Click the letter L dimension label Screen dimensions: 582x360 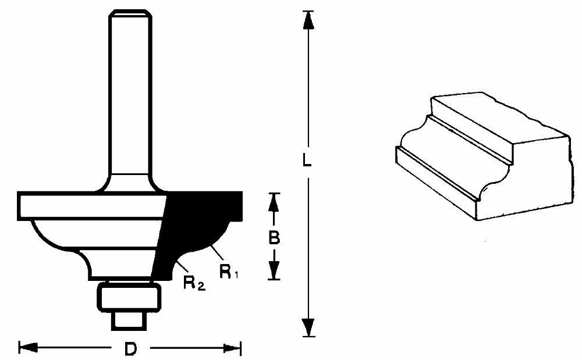pos(307,160)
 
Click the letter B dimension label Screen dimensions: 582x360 pos(274,238)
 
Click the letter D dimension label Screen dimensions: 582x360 pos(130,349)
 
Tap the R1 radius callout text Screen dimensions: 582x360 pos(229,272)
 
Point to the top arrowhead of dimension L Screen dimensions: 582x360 pos(308,20)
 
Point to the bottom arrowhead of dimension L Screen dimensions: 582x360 pos(308,327)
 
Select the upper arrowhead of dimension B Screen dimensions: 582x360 pos(274,203)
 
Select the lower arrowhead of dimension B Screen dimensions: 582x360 pos(274,269)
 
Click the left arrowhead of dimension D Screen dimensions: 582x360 pos(28,348)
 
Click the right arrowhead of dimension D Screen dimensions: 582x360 pos(232,348)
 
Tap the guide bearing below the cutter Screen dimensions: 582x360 pos(130,296)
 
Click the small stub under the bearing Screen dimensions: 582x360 pos(129,320)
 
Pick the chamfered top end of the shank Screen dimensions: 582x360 pos(130,13)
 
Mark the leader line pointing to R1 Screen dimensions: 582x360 pos(217,253)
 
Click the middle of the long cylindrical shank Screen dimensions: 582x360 pos(130,100)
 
